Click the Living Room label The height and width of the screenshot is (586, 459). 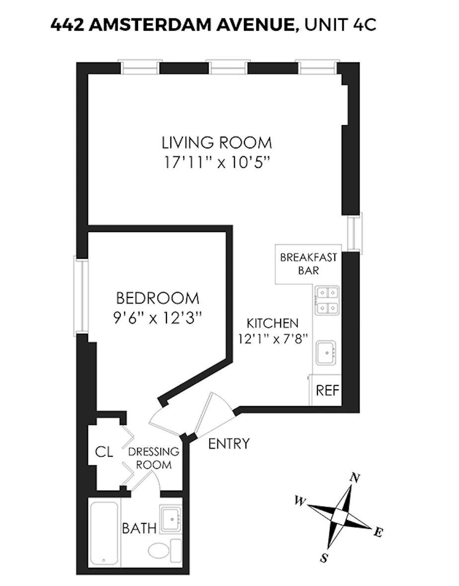(x=217, y=143)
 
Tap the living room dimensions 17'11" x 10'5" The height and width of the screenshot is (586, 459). (x=217, y=162)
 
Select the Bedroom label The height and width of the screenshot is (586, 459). (x=157, y=298)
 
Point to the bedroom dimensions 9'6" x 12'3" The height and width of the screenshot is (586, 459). (x=157, y=317)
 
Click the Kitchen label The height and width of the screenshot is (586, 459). (x=273, y=323)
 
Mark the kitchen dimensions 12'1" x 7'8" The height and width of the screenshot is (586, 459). (x=273, y=340)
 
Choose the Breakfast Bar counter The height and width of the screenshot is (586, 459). (x=308, y=264)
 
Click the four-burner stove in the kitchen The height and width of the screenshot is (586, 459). (x=326, y=301)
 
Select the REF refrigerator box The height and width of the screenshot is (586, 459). (x=327, y=390)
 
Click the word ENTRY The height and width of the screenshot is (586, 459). (x=229, y=443)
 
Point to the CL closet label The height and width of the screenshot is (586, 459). (x=104, y=452)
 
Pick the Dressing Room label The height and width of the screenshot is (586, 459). (x=153, y=458)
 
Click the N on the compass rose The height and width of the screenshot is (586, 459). (x=355, y=478)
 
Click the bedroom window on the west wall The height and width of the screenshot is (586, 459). (x=81, y=295)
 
